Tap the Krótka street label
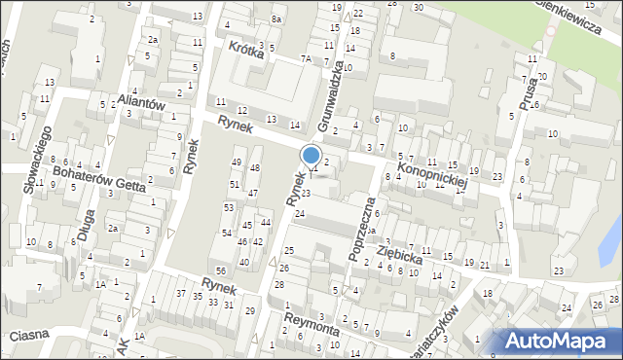pos(246,50)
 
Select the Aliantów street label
pos(143,101)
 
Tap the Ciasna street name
pos(30,335)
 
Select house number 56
pos(221,270)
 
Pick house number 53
pos(228,207)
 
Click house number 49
pos(236,162)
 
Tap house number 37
pos(181,293)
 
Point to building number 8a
pos(276,19)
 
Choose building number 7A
pos(306,59)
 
